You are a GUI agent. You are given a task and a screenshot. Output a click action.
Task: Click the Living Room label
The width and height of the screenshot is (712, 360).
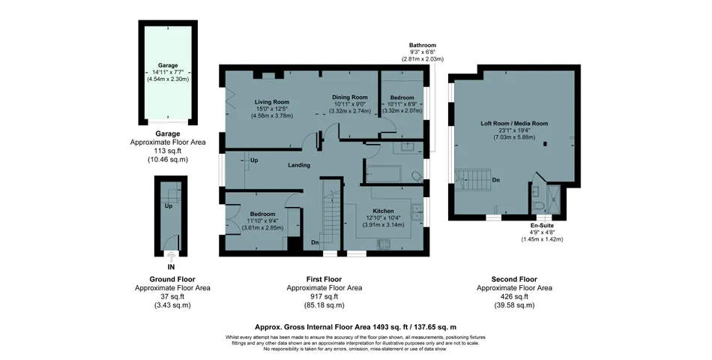point(271,101)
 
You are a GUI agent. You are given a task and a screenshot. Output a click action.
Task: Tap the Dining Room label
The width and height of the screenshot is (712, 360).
point(350,97)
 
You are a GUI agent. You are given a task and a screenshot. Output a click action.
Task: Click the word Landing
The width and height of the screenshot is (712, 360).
point(299,165)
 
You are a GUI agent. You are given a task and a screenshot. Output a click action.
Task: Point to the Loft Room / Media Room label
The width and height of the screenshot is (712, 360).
point(514,123)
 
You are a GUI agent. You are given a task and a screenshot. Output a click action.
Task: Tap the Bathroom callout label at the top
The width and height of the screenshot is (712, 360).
point(423,45)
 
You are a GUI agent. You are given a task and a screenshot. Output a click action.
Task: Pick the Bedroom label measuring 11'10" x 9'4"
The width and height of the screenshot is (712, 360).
point(263,214)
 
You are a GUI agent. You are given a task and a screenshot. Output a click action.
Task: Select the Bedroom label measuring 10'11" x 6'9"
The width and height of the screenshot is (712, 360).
point(402,98)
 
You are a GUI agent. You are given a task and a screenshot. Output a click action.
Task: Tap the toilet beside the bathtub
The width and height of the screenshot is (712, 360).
point(416,175)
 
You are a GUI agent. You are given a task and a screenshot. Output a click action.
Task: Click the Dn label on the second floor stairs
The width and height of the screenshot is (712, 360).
point(495,180)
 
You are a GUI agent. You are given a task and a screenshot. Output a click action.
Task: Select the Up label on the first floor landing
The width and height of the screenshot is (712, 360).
point(254,161)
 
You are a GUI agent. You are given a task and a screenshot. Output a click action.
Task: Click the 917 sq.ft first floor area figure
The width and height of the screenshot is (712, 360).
point(325,296)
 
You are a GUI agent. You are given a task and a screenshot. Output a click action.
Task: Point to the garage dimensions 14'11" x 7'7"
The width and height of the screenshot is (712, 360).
point(167,72)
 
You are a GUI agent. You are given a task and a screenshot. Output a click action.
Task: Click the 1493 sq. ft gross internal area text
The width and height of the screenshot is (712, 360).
point(355,327)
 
